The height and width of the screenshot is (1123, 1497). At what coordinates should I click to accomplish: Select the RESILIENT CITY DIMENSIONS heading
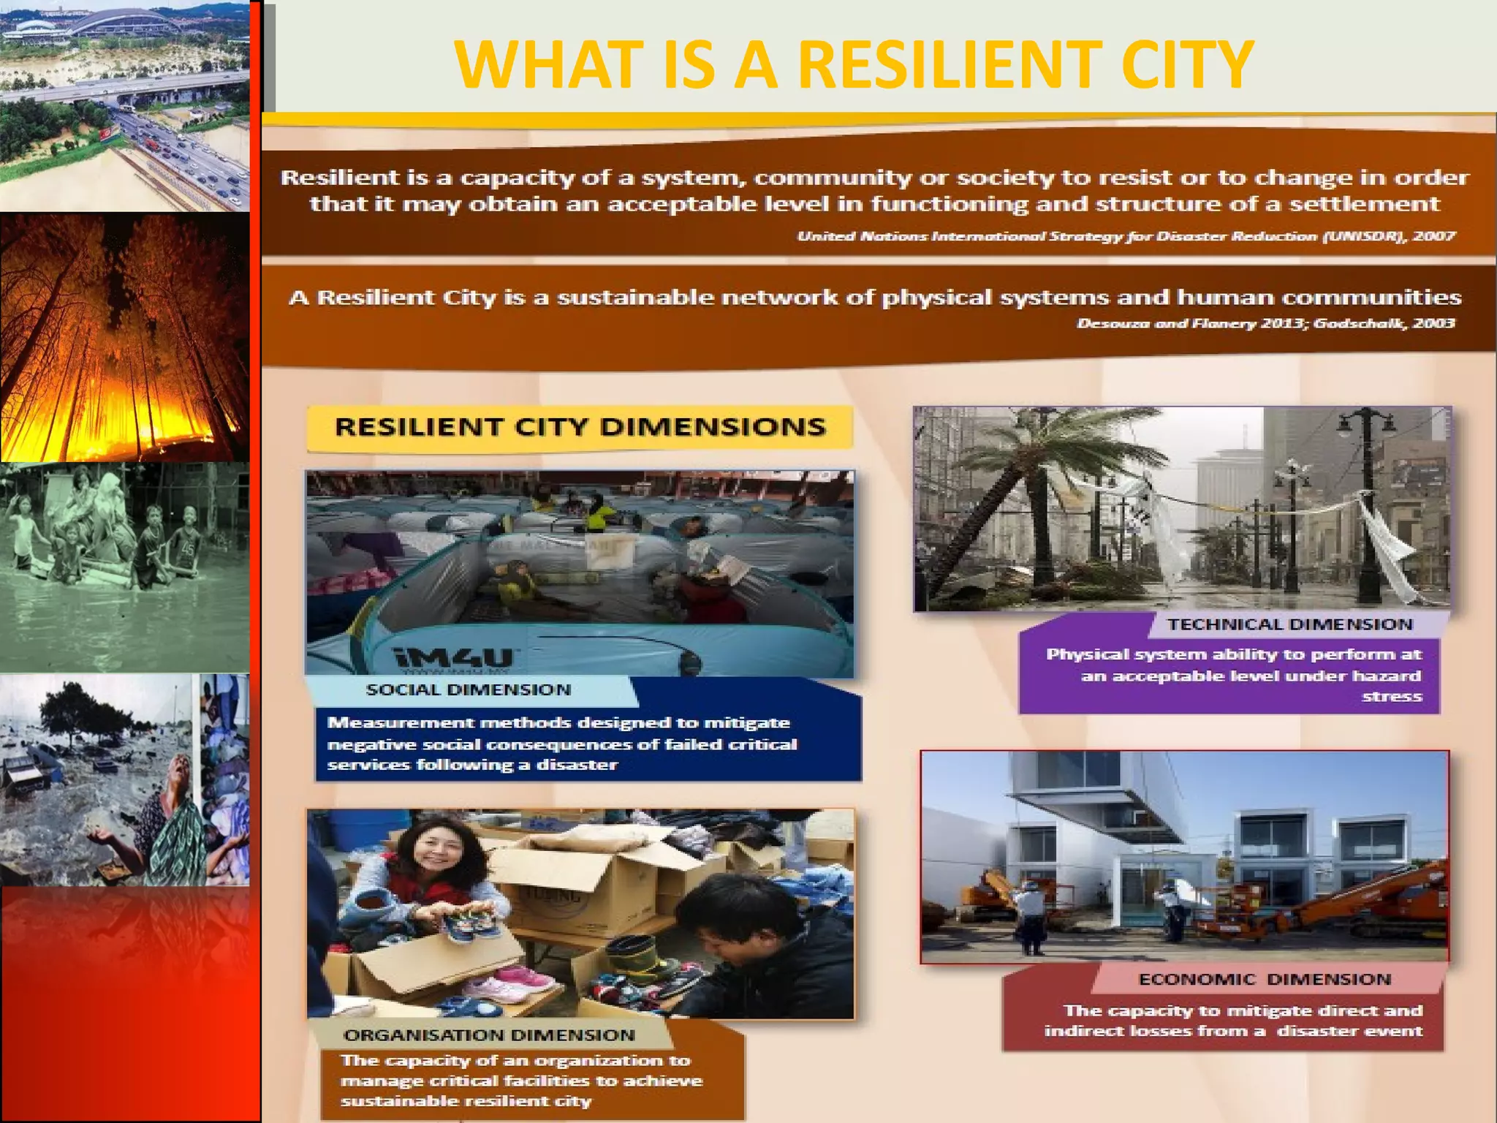coord(580,427)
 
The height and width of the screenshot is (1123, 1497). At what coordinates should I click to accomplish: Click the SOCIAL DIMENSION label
coord(469,689)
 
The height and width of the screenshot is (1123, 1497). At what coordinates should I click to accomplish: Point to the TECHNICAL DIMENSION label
coord(1289,624)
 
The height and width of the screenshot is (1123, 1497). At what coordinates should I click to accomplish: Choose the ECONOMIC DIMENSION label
coord(1264,979)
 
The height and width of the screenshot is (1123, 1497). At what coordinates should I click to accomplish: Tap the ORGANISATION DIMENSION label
coord(489,1035)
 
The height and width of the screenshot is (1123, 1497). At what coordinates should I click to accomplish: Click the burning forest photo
coord(124,336)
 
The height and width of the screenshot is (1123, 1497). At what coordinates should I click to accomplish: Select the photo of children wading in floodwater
coord(124,567)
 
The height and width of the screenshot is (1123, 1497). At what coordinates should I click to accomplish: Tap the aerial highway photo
coord(124,106)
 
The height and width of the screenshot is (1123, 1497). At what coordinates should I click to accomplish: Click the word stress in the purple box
coord(1392,697)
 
